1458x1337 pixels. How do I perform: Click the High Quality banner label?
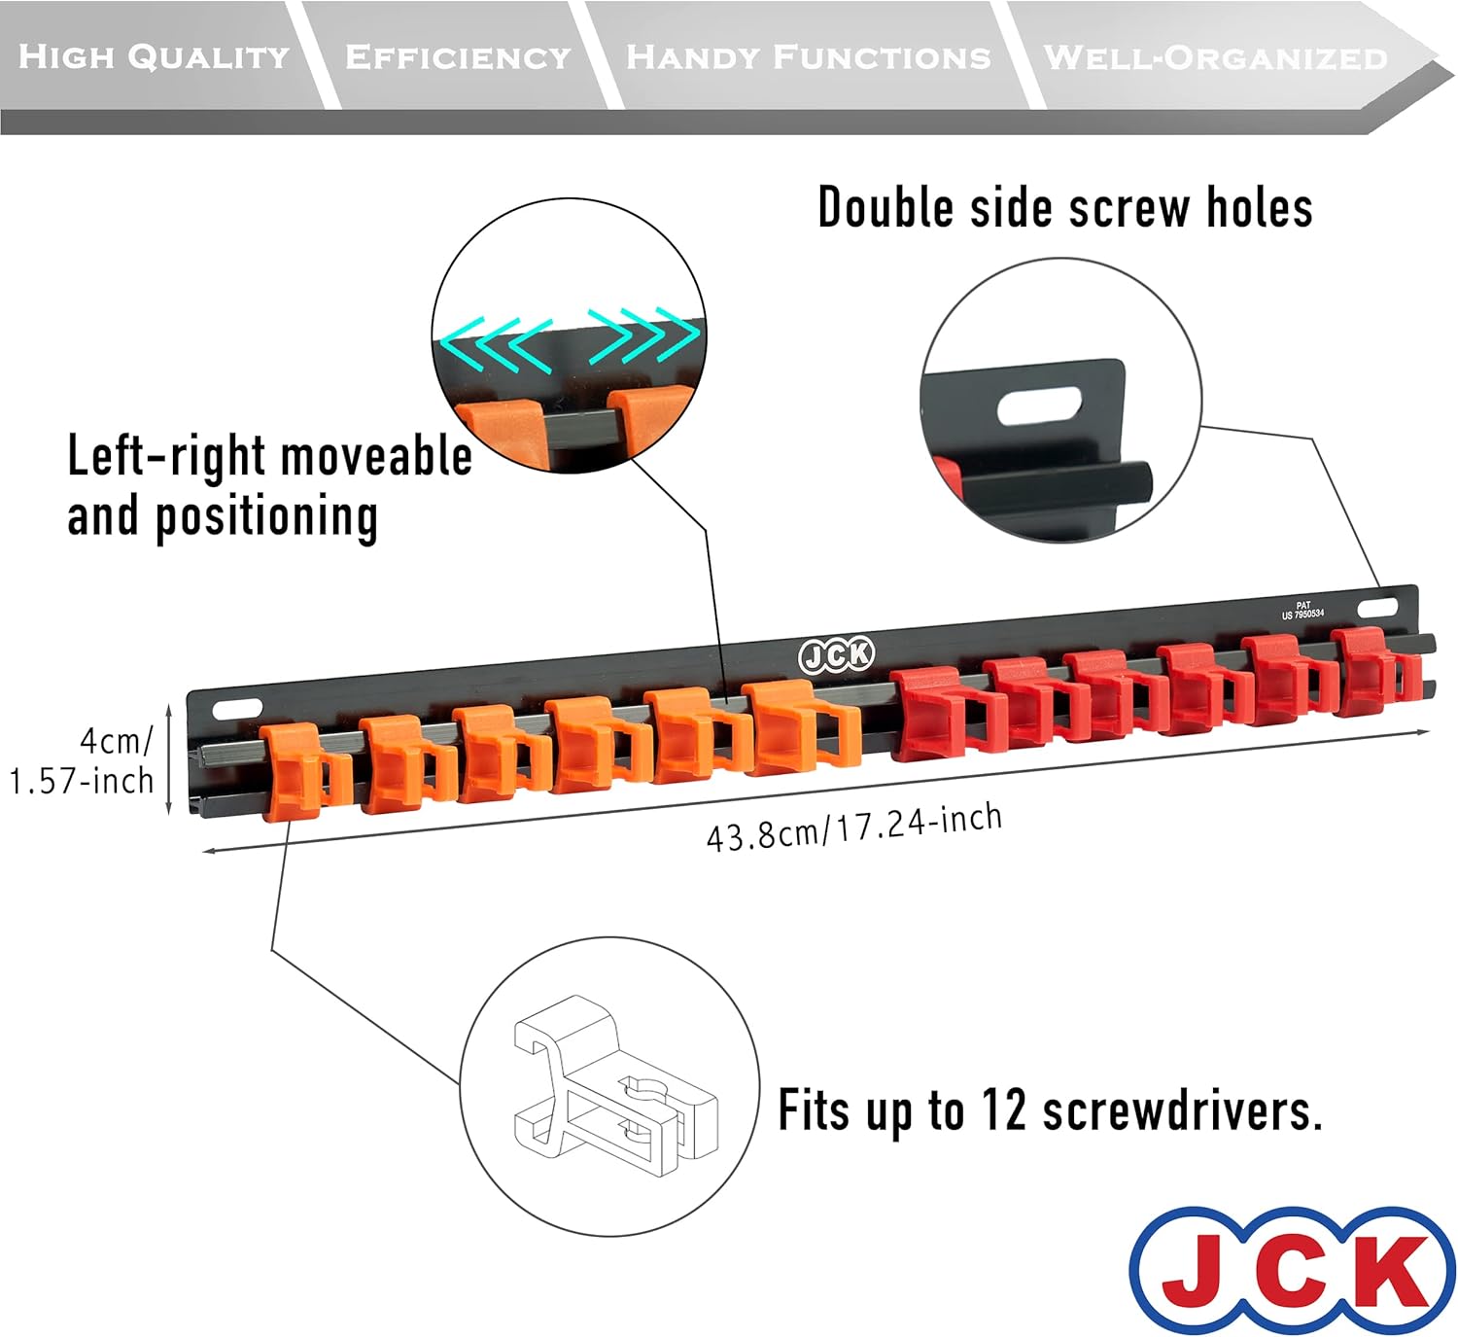pos(154,56)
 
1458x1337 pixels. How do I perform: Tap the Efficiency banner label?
pos(458,56)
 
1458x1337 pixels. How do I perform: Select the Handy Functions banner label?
pos(808,56)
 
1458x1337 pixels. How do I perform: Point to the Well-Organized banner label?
pos(1215,57)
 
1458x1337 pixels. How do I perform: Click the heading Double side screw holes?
pos(1064,208)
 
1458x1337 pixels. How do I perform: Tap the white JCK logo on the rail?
pos(836,655)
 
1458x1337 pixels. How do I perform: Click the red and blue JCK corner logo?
pos(1294,1270)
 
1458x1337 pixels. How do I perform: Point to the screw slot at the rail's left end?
pos(237,708)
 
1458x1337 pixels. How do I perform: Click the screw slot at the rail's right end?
pos(1377,608)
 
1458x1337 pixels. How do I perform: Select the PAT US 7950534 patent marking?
pos(1302,611)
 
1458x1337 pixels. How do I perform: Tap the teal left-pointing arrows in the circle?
pos(496,341)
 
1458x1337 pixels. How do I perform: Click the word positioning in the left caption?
pos(266,516)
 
